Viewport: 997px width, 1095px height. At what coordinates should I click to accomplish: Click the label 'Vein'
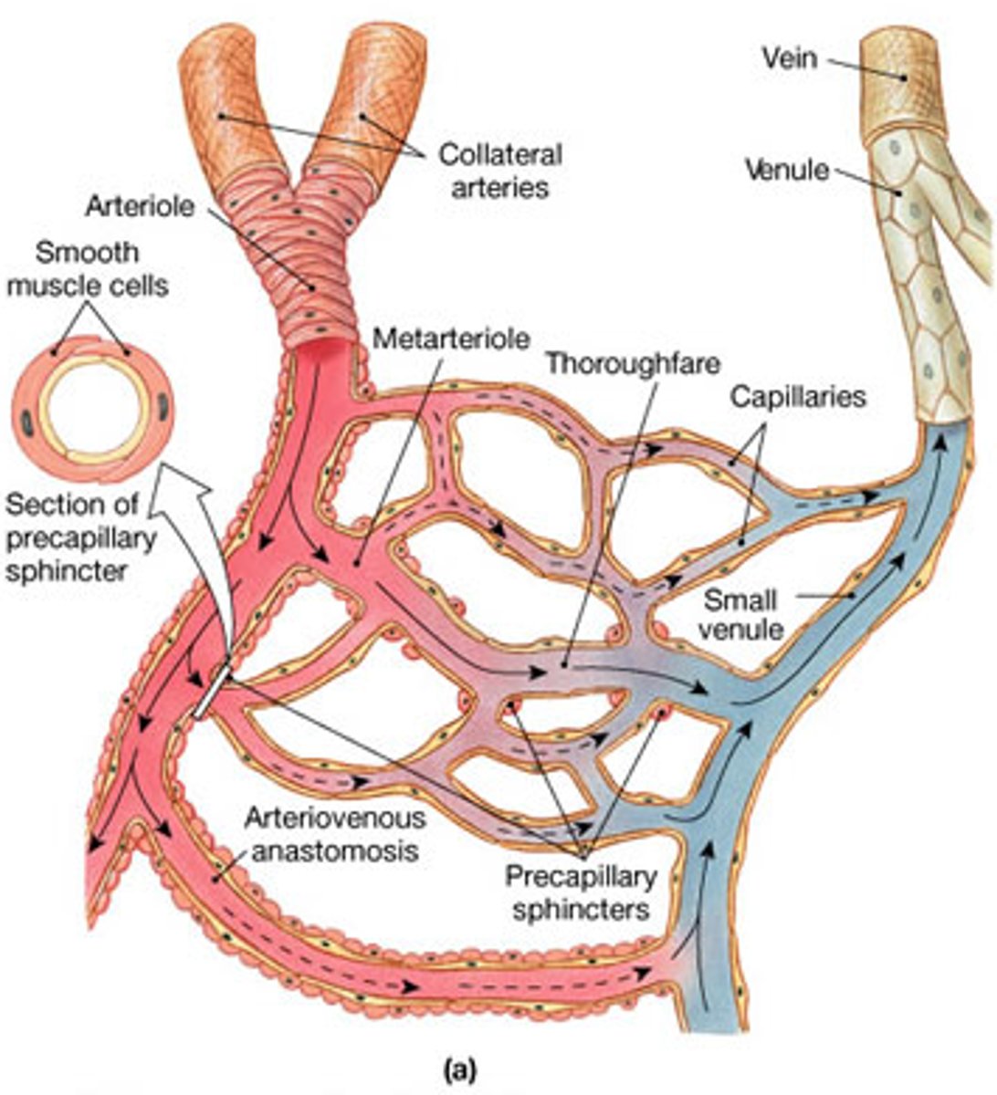tap(791, 60)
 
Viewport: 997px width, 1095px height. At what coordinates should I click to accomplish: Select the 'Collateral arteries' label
tap(500, 170)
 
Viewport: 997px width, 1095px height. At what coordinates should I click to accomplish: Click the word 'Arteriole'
tap(140, 205)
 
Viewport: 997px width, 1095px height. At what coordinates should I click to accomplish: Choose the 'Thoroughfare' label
tap(632, 362)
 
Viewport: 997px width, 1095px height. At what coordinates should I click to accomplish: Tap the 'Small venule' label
tap(740, 614)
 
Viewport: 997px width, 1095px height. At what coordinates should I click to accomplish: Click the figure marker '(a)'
tap(459, 1066)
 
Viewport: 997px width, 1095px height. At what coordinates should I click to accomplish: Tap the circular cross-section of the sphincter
tap(93, 410)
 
